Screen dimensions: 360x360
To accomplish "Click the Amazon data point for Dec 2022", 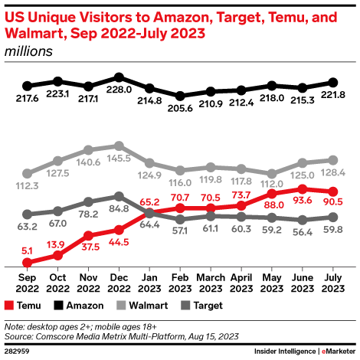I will (x=119, y=77).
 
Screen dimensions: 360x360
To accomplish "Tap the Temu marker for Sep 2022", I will (x=28, y=262).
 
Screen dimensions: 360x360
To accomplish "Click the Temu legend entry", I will (x=28, y=305).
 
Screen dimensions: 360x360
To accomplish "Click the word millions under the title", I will (x=28, y=51).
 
